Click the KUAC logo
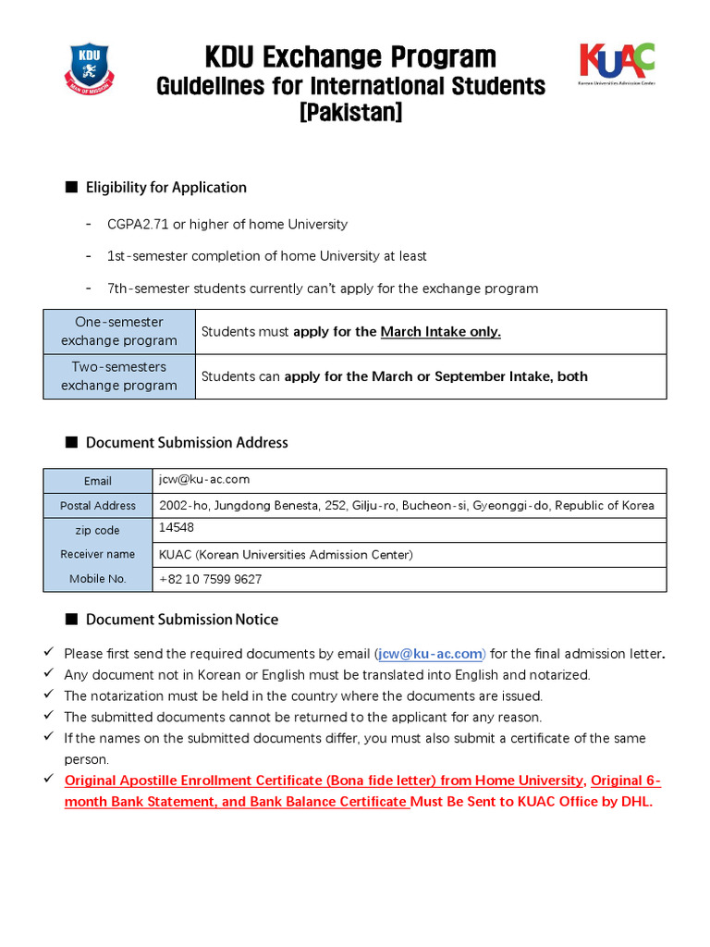(617, 62)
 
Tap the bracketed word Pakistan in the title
(350, 113)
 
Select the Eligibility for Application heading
(165, 188)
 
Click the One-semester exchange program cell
(119, 332)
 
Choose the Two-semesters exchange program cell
(119, 376)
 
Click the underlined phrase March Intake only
(441, 332)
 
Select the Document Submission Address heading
(187, 443)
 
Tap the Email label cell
(98, 481)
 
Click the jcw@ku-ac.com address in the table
(204, 480)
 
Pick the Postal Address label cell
(98, 506)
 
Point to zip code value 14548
(177, 528)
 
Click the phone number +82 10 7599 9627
(211, 580)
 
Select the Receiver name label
(98, 555)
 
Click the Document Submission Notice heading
(181, 620)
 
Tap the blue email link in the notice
(431, 655)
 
